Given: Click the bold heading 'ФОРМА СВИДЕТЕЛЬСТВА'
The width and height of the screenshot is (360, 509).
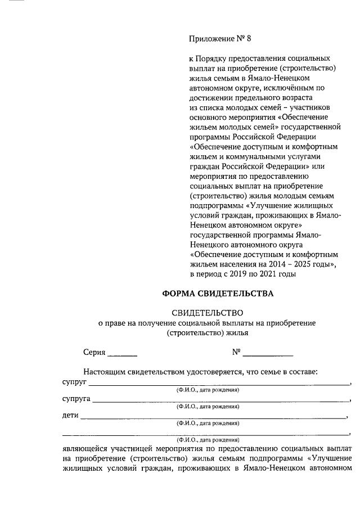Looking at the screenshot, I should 218,294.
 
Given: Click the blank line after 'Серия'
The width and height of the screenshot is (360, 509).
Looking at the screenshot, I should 122,354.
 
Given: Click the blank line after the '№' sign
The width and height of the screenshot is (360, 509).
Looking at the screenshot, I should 268,354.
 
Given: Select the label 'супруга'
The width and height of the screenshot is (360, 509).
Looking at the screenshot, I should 76,399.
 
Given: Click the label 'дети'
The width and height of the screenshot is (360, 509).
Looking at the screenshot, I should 70,416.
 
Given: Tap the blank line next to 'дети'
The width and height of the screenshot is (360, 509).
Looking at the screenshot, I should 214,418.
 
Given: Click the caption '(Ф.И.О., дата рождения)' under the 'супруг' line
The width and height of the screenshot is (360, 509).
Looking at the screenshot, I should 208,390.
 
